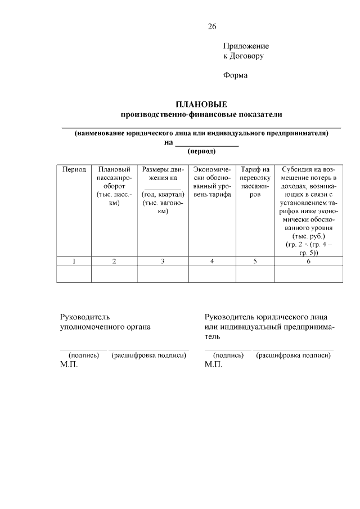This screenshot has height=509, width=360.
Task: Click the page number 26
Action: pos(211,26)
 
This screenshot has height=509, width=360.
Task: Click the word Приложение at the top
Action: pos(246,46)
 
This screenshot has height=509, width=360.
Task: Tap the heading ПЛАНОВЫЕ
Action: pos(201,104)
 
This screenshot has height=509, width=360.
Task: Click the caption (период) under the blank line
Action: pos(201,151)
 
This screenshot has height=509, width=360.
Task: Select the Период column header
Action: pos(74,169)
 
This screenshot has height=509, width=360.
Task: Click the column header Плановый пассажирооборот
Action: pos(114,186)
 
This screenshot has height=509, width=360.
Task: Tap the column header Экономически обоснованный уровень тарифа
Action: pos(211,182)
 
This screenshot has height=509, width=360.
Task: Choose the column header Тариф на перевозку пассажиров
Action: pos(255,182)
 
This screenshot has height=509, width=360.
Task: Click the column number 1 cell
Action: pos(74,261)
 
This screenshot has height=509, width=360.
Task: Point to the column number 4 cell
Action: pos(211,261)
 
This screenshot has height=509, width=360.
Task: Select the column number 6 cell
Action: pos(308,261)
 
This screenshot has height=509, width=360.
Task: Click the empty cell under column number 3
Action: pos(163,274)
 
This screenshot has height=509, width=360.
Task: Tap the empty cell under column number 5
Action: pos(255,274)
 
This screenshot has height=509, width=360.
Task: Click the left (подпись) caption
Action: pos(83,355)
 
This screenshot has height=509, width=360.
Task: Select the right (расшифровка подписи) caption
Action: pos(292,355)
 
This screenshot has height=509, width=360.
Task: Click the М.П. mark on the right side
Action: pos(214,364)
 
